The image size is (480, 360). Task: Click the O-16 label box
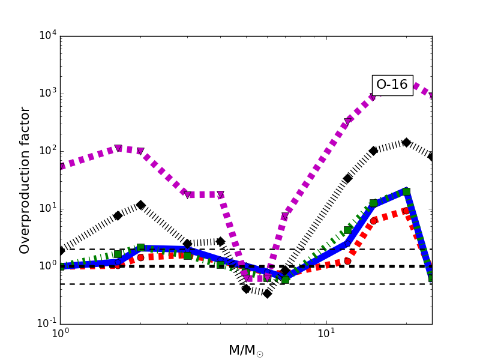[x=392, y=85]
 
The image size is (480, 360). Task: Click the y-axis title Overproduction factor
[x=25, y=180]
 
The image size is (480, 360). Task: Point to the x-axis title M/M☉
[x=245, y=351]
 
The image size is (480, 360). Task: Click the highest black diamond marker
[x=406, y=142]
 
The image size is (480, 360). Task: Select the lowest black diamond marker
[x=267, y=293]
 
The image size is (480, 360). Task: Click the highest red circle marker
[x=406, y=211]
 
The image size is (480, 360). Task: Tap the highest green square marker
[x=406, y=191]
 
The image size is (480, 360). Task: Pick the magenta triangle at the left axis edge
[x=61, y=166]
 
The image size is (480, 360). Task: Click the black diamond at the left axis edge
[x=61, y=251]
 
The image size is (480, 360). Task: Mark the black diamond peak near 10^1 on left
[x=140, y=205]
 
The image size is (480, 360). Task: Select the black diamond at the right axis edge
[x=431, y=157]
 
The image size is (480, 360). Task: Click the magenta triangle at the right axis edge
[x=431, y=95]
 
